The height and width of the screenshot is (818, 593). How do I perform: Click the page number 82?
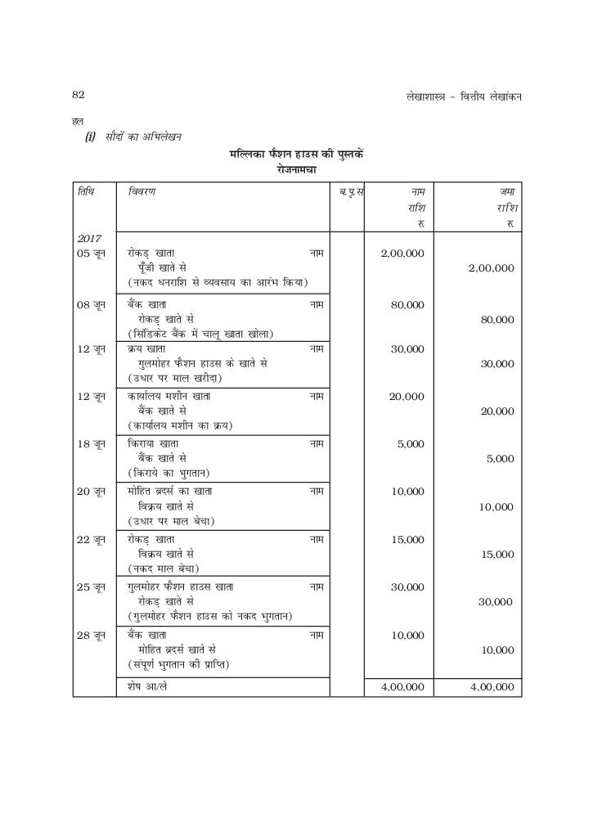(79, 95)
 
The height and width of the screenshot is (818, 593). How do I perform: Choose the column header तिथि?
(86, 191)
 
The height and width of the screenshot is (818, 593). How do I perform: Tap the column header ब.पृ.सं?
(351, 191)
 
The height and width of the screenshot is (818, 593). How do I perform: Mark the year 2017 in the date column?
(89, 238)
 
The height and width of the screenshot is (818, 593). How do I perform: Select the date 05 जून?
(90, 254)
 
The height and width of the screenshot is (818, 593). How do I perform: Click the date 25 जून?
(90, 587)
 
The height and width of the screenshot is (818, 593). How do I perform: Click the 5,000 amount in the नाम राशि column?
(410, 444)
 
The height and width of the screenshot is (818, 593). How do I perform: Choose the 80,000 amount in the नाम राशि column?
(408, 304)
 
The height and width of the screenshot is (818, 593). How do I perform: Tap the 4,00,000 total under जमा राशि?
(492, 687)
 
